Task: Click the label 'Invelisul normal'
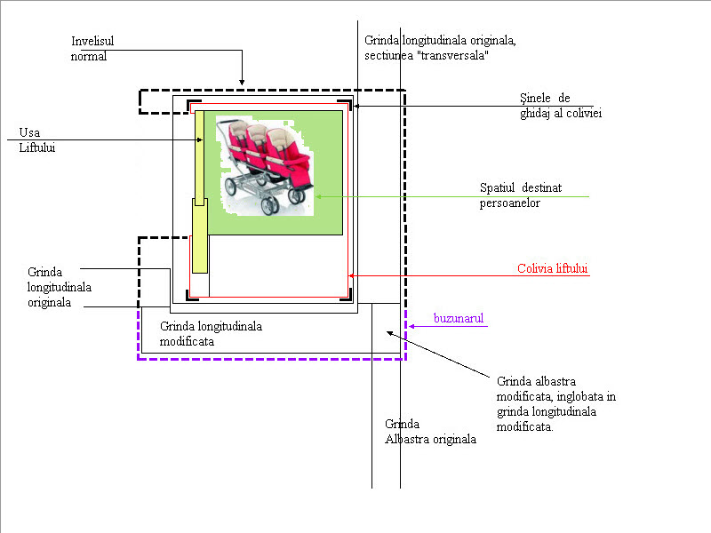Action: click(92, 49)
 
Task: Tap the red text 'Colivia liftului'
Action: click(552, 268)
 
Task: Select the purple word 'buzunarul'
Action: click(459, 318)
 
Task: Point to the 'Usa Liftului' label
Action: click(36, 140)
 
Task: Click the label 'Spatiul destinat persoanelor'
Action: click(521, 195)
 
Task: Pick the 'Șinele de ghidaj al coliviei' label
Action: click(561, 106)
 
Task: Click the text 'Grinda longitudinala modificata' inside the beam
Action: click(211, 334)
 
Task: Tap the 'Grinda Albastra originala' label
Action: click(430, 432)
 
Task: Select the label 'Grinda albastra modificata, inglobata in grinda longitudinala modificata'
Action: click(556, 404)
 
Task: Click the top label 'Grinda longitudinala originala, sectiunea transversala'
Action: click(440, 48)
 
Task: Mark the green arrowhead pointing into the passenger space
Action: click(318, 196)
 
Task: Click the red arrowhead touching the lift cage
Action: click(351, 275)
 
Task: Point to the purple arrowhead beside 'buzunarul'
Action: click(411, 326)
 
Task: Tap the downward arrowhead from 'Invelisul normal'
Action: click(242, 82)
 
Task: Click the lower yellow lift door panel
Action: click(200, 235)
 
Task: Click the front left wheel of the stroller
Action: click(231, 187)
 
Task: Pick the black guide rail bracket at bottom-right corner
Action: click(347, 295)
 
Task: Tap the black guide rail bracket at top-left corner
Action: click(194, 106)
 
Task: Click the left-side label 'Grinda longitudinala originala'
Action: click(59, 287)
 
